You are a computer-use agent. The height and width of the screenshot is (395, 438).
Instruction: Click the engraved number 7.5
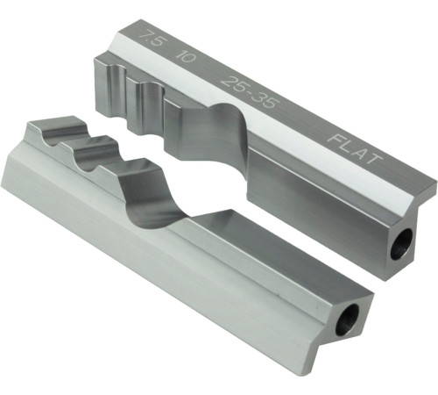(151, 40)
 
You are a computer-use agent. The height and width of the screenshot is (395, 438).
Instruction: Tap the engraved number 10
(186, 58)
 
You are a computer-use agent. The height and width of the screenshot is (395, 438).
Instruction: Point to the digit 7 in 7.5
(145, 38)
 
